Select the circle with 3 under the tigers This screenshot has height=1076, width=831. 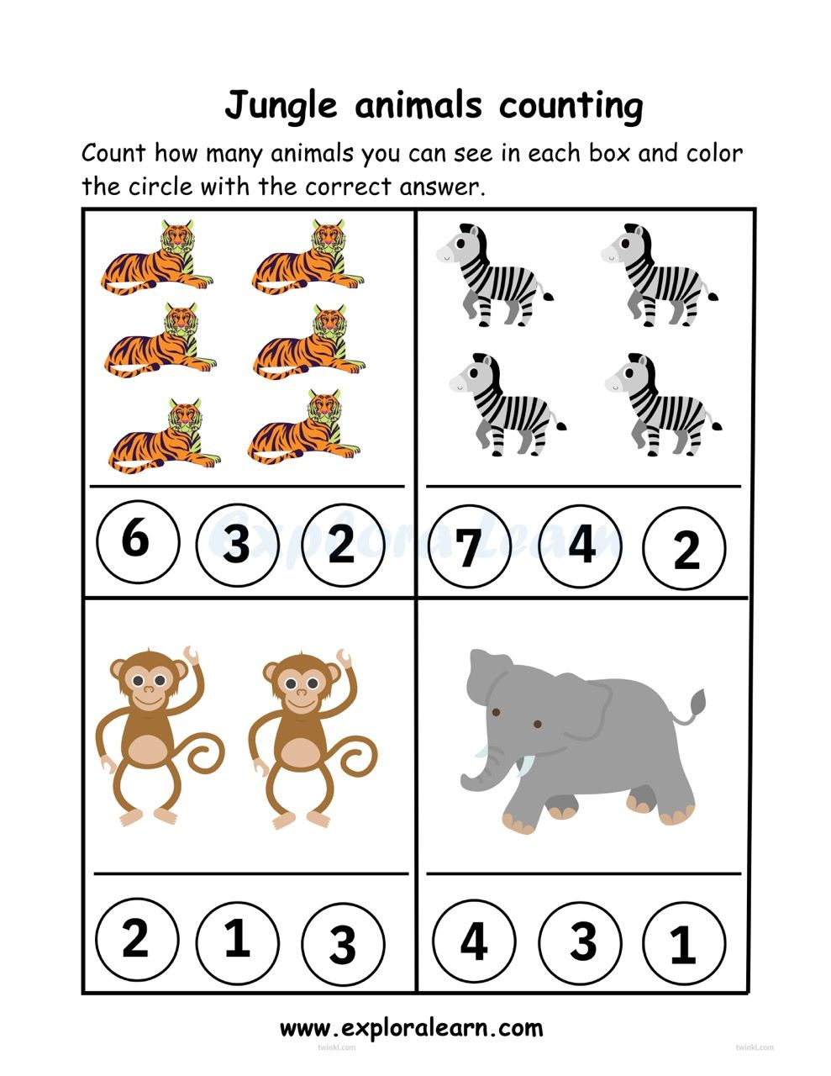coord(237,545)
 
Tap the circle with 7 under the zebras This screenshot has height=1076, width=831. coord(470,546)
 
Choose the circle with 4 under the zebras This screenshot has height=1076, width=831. coord(581,545)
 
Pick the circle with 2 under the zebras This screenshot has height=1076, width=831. coord(686,550)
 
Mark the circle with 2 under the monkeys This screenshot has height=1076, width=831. coord(136,939)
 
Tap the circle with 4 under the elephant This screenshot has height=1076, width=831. coord(475,941)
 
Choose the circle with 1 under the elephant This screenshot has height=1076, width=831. coord(683,943)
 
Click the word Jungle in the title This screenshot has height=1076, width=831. coord(281,106)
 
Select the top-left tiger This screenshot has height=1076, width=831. coord(157,256)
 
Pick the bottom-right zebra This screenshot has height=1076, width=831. coord(664,404)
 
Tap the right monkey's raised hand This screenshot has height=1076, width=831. coord(344,657)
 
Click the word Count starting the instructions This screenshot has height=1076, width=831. coord(113,154)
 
